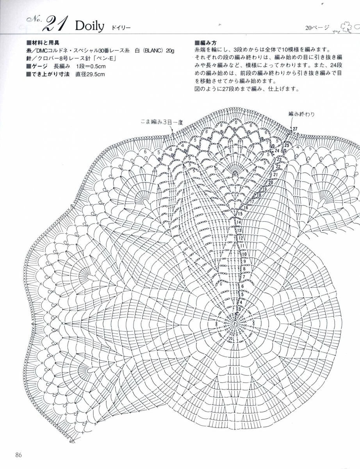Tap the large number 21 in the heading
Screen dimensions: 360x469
click(x=57, y=25)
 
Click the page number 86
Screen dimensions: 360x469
click(x=19, y=455)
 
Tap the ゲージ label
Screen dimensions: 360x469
click(x=41, y=66)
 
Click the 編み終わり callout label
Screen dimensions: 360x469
click(x=301, y=114)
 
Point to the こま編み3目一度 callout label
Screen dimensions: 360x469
click(x=162, y=122)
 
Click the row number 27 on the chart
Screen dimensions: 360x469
click(x=295, y=129)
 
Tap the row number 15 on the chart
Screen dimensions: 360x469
click(x=240, y=214)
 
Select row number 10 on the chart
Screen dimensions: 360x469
click(x=244, y=254)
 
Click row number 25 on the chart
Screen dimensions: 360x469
click(x=287, y=145)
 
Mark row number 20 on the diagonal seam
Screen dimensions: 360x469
click(x=270, y=183)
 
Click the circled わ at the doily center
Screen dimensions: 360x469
click(x=235, y=324)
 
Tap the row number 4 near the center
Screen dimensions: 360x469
click(x=241, y=302)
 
